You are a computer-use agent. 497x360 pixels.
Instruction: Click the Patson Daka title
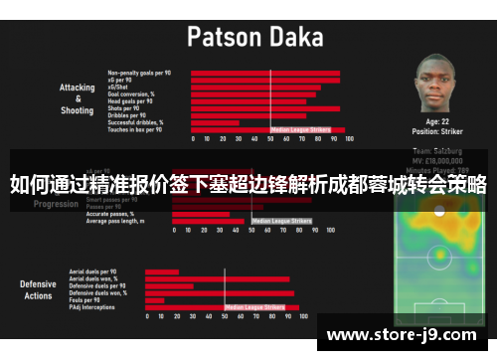click(x=254, y=38)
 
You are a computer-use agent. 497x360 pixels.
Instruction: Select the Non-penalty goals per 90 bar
click(x=264, y=73)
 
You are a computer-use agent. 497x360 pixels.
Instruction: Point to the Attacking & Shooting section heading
click(x=77, y=98)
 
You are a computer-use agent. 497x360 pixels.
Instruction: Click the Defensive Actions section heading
click(x=38, y=289)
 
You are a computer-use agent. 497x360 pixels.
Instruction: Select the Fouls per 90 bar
click(x=155, y=300)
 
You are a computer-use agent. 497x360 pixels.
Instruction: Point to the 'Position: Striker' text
click(x=438, y=130)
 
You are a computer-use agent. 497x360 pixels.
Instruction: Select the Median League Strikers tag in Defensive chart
click(x=261, y=307)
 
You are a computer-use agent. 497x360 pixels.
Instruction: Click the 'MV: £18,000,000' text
click(x=438, y=157)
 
